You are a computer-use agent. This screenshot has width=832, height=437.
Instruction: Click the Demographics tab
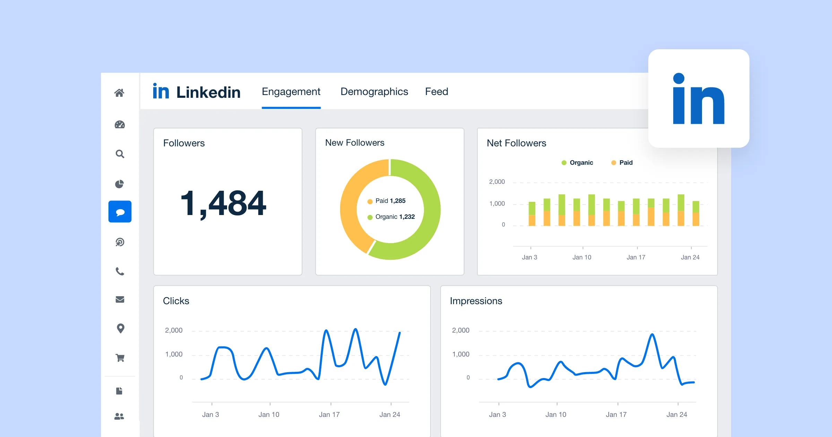pyautogui.click(x=374, y=92)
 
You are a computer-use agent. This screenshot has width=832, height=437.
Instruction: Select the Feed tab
pyautogui.click(x=436, y=92)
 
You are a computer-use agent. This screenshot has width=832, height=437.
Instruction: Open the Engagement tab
pyautogui.click(x=291, y=92)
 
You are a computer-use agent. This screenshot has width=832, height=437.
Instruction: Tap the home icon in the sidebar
pyautogui.click(x=119, y=93)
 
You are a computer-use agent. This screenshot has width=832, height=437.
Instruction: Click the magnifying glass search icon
pyautogui.click(x=120, y=154)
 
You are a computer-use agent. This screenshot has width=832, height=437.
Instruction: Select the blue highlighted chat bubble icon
pyautogui.click(x=120, y=212)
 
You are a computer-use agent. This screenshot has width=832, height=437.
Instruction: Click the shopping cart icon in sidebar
pyautogui.click(x=120, y=358)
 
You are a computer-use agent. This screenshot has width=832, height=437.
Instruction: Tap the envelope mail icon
pyautogui.click(x=120, y=299)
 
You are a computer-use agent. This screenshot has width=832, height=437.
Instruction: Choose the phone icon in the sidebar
pyautogui.click(x=120, y=271)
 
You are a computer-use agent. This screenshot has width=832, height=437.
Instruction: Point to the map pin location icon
pyautogui.click(x=120, y=328)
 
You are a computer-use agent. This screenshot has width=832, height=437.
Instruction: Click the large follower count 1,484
pyautogui.click(x=223, y=204)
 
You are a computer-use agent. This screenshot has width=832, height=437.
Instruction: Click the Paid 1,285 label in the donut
pyautogui.click(x=390, y=201)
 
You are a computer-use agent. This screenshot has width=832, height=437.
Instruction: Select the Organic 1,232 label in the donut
pyautogui.click(x=395, y=217)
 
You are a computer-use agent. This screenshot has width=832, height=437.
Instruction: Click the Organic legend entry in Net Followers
pyautogui.click(x=578, y=163)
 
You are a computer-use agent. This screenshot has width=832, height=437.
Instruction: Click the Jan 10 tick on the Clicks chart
pyautogui.click(x=269, y=414)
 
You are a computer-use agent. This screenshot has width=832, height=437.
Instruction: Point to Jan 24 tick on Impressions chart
pyautogui.click(x=676, y=414)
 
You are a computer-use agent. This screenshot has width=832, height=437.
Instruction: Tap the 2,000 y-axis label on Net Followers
pyautogui.click(x=497, y=182)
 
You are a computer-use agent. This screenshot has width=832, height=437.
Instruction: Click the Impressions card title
pyautogui.click(x=476, y=301)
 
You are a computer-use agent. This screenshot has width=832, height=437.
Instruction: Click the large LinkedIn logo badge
pyautogui.click(x=699, y=98)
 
